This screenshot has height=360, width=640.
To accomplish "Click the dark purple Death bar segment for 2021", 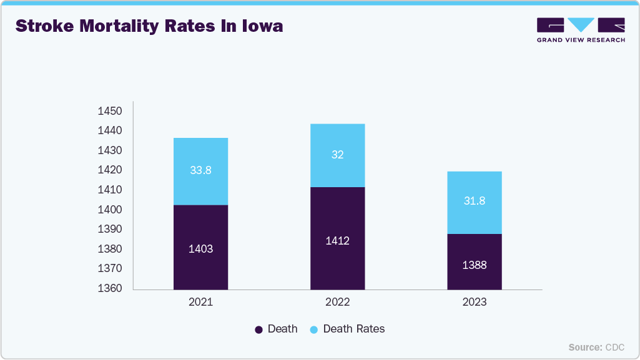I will (x=200, y=247).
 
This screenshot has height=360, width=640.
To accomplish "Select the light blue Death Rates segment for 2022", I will (x=337, y=155).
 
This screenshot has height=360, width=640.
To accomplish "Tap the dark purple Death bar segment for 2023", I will (x=474, y=261).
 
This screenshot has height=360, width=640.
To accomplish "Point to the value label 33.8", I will (x=200, y=170).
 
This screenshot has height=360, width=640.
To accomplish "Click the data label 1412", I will (x=337, y=241).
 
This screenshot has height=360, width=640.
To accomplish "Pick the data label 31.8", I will (x=474, y=201).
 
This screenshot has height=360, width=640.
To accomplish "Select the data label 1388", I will (x=474, y=265).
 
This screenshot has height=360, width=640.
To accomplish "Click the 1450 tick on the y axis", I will (x=110, y=111).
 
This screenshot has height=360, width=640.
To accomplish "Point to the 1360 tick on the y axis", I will (x=110, y=288).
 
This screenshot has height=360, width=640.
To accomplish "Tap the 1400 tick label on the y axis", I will (x=110, y=210).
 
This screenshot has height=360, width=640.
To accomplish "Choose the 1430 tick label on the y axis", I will (x=110, y=150).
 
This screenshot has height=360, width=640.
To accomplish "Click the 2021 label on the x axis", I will (x=200, y=303).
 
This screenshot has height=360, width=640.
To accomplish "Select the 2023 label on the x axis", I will (x=474, y=303).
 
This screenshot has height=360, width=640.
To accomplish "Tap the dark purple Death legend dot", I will (x=258, y=329).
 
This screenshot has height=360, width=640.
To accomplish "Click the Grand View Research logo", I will (x=581, y=29).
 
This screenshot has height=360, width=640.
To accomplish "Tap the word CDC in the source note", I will (x=614, y=347).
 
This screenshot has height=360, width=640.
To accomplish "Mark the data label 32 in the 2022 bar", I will (x=337, y=155).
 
